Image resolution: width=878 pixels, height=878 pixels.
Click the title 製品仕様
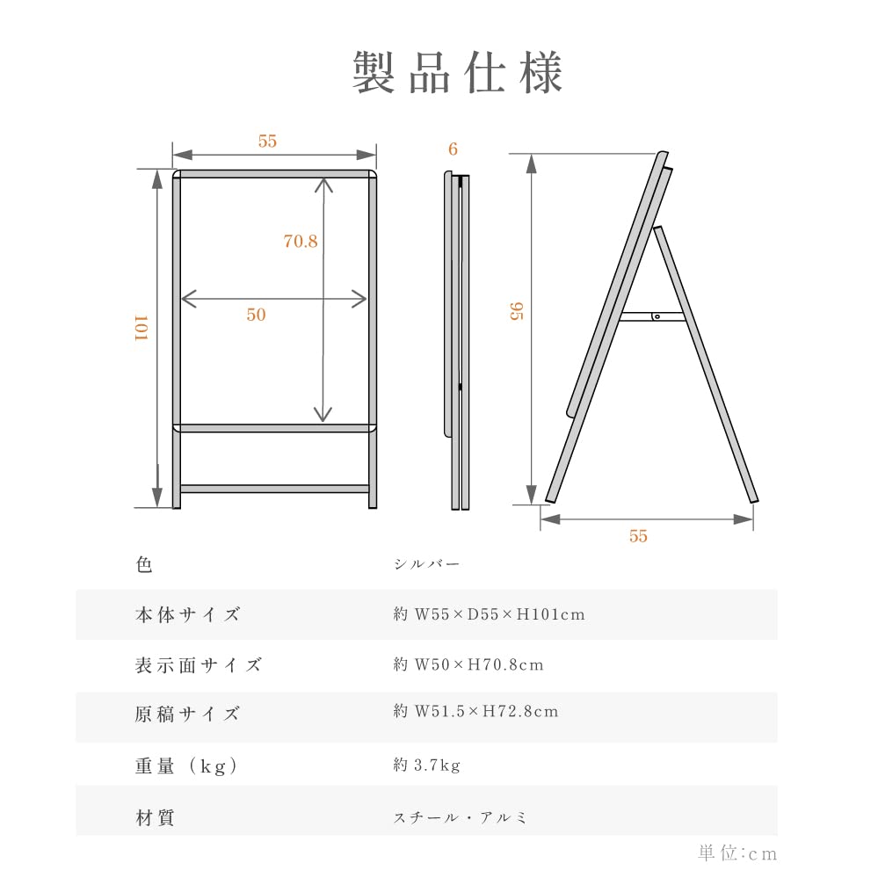457,73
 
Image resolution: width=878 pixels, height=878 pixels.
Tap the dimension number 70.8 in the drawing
301,242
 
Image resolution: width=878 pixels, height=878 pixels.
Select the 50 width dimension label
256,315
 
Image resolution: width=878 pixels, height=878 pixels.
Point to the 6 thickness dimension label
453,149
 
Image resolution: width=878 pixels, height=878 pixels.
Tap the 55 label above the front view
267,141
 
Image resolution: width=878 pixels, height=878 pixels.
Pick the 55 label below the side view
638,536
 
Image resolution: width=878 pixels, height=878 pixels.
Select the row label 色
144,564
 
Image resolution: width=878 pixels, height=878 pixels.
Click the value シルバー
426,564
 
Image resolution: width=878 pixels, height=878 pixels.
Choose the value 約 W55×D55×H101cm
489,614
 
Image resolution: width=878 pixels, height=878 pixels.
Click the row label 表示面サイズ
198,664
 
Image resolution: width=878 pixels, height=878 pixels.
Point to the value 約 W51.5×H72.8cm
475,711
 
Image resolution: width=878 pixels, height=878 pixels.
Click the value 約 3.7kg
426,766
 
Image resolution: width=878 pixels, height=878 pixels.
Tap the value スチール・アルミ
461,817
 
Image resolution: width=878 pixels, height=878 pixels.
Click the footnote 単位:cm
737,853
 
